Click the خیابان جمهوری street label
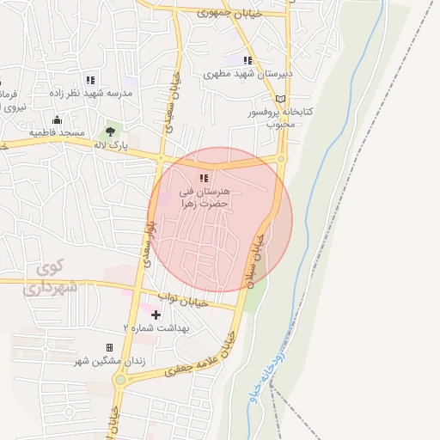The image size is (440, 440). point(226,13)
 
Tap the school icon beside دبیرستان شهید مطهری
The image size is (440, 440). point(247,61)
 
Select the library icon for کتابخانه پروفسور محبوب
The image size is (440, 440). point(278,99)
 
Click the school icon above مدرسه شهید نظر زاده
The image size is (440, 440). point(90,80)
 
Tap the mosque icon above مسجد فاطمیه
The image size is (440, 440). point(57,120)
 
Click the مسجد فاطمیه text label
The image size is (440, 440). point(56,133)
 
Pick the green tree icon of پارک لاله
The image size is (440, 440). point(109,131)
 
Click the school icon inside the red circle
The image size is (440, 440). point(203,178)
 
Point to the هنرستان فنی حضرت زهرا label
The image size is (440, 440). point(209,197)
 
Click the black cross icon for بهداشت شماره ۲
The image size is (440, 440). point(156,315)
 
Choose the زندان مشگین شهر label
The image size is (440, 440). point(110,361)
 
